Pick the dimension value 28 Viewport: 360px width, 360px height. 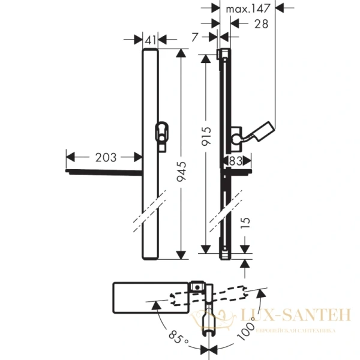pyautogui.click(x=245, y=23)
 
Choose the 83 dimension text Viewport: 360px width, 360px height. pyautogui.click(x=235, y=160)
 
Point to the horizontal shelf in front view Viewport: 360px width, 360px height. pyautogui.click(x=102, y=172)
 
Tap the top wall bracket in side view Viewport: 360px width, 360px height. pyautogui.click(x=222, y=55)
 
